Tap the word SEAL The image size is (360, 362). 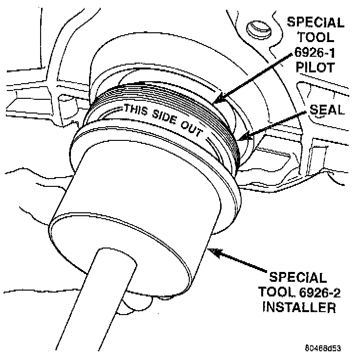327,110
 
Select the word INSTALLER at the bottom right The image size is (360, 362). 299,308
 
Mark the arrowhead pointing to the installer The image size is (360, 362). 212,250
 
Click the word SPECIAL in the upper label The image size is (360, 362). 315,23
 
